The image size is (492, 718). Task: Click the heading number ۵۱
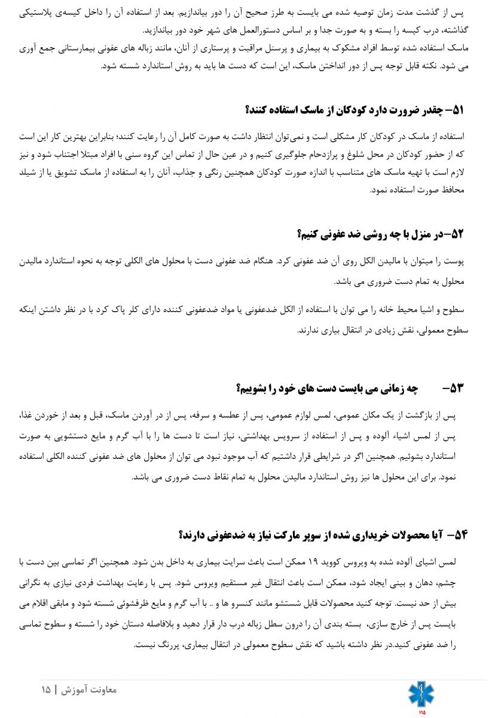[x=457, y=110]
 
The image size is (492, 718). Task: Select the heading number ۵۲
[x=457, y=234]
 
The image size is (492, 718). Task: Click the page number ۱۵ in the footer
[x=46, y=690]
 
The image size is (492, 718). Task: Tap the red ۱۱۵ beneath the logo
[x=421, y=712]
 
